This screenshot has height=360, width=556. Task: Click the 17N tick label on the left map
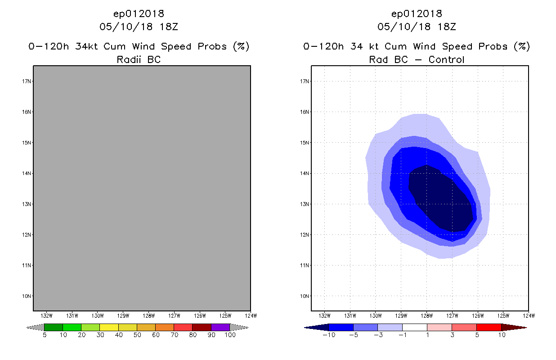27,81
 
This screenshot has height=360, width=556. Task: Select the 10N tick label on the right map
305,296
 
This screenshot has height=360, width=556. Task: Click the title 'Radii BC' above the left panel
139,59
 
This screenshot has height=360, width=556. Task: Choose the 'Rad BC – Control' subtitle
417,59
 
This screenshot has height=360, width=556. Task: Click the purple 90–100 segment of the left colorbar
220,327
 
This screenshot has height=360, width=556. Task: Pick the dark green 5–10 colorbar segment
54,327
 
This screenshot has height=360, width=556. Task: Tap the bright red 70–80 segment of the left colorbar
183,327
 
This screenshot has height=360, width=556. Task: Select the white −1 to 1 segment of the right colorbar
414,327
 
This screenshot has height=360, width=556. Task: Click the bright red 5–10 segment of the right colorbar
488,327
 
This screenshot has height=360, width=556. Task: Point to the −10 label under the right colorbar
329,335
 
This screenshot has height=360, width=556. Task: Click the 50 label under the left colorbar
137,335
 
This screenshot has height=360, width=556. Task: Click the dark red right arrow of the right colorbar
513,327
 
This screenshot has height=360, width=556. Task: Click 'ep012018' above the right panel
417,14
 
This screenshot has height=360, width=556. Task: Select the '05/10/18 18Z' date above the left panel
139,27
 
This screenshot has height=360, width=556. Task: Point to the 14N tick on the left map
27,173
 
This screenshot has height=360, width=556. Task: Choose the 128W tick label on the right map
426,315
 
